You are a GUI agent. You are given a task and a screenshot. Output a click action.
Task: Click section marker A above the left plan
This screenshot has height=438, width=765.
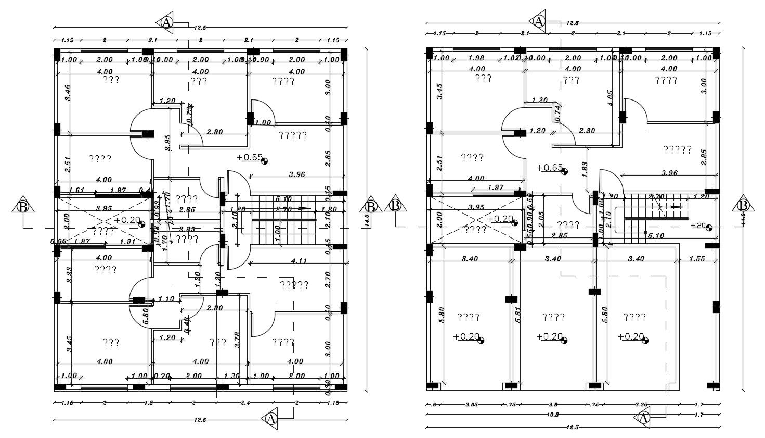[x=166, y=22]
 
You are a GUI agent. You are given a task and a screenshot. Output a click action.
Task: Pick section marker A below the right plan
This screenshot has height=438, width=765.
[x=643, y=418]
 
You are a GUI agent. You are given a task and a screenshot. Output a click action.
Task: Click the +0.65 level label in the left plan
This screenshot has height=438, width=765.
[x=250, y=157]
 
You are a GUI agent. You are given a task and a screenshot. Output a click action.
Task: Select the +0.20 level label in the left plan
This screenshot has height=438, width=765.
[x=127, y=220]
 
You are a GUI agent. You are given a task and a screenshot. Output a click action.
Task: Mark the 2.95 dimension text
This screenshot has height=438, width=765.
[x=167, y=142]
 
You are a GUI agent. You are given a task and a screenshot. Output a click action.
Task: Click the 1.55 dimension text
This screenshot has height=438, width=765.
[x=698, y=258]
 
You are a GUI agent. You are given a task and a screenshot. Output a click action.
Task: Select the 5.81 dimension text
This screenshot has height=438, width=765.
[x=518, y=316]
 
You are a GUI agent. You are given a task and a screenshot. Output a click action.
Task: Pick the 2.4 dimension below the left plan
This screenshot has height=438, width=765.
[x=246, y=403]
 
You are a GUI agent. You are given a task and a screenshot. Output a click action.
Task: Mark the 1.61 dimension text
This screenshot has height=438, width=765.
[x=77, y=190]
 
